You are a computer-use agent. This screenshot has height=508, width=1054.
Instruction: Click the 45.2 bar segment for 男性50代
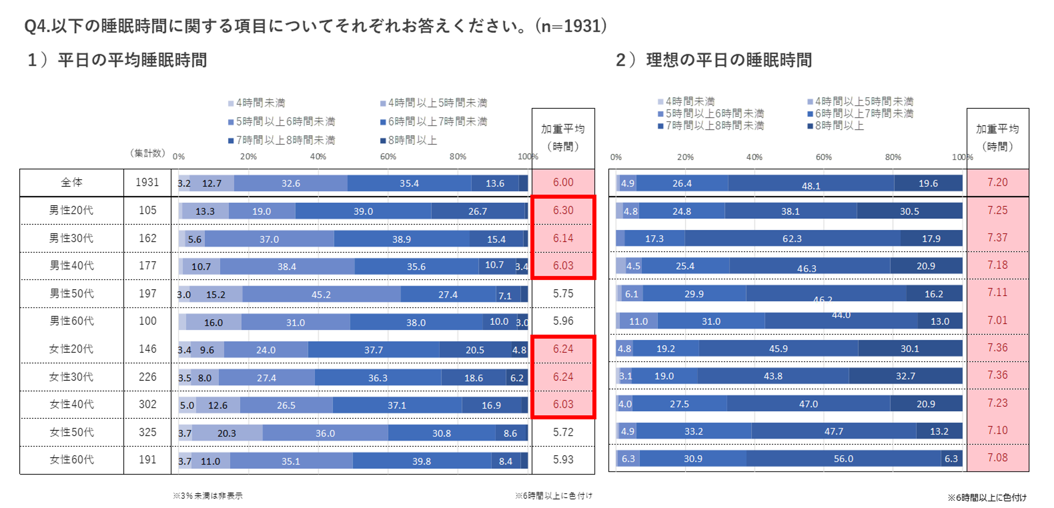321,294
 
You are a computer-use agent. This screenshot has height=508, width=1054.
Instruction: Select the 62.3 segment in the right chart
792,239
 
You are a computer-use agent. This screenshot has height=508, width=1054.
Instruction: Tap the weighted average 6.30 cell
563,210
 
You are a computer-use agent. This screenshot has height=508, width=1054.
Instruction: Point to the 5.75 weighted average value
563,293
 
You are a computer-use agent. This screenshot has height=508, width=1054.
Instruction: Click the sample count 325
147,432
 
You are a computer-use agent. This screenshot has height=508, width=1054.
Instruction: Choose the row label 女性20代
71,349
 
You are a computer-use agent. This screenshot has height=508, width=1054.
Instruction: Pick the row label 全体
71,182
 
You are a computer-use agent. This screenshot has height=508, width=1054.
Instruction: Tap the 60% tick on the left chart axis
388,157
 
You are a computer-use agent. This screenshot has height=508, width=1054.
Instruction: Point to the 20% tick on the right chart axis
685,157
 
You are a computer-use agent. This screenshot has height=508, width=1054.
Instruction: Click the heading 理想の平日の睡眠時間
729,60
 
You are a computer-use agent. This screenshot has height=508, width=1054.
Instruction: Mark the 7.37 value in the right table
997,238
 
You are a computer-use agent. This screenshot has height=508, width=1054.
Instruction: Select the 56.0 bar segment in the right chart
843,459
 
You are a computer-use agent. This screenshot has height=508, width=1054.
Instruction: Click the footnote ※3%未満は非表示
208,496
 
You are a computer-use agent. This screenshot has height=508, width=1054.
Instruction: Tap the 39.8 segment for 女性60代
421,461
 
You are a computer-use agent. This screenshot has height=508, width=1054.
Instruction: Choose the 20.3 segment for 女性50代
227,433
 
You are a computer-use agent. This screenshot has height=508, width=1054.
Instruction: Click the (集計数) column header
147,153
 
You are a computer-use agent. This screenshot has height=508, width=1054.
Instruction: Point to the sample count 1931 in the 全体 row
147,182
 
